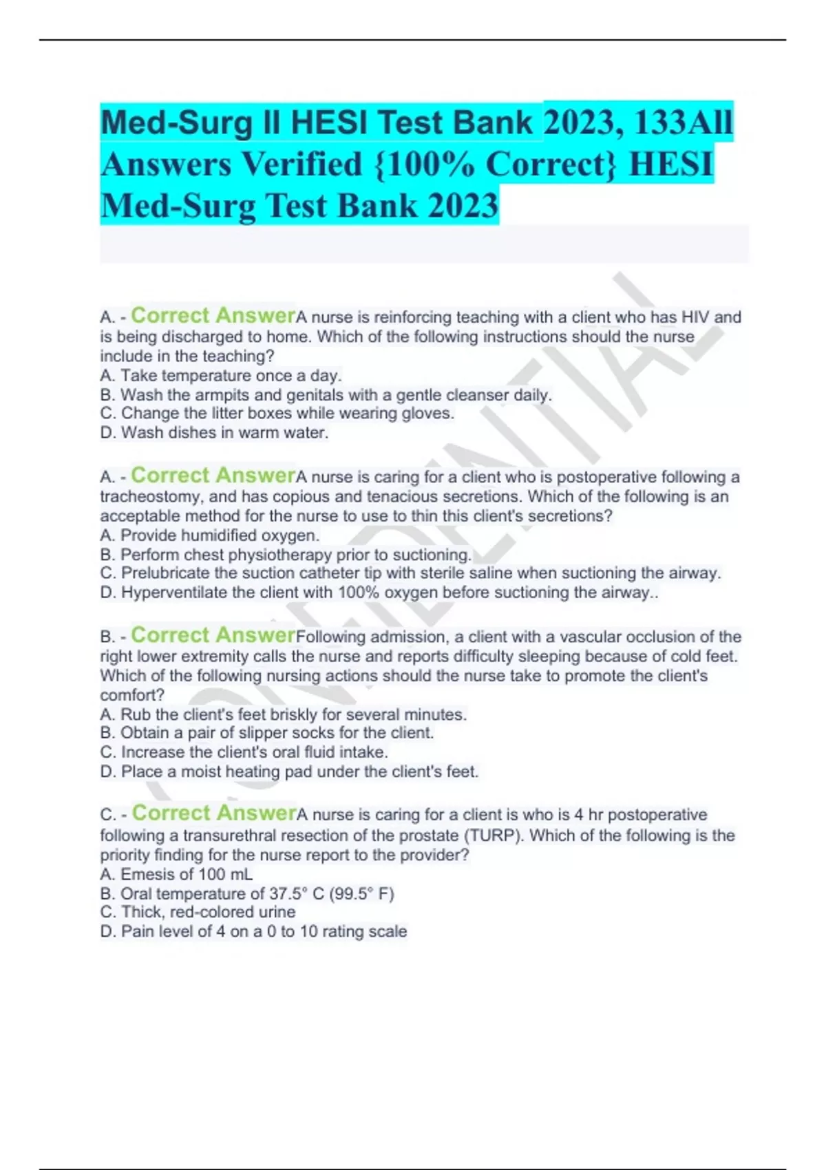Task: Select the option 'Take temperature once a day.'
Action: [221, 376]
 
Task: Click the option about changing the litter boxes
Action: [277, 414]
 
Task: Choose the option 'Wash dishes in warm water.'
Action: [214, 433]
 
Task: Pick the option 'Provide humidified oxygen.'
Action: [210, 535]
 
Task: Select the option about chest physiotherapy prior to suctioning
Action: [286, 555]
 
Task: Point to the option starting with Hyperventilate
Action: [379, 593]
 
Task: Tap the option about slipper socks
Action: [267, 733]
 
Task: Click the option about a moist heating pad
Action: [289, 772]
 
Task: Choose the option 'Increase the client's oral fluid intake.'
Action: [244, 752]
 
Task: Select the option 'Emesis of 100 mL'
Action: [176, 875]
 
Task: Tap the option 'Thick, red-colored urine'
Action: [198, 913]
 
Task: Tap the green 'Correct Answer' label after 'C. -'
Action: [213, 813]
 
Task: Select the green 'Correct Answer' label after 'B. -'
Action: [213, 635]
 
